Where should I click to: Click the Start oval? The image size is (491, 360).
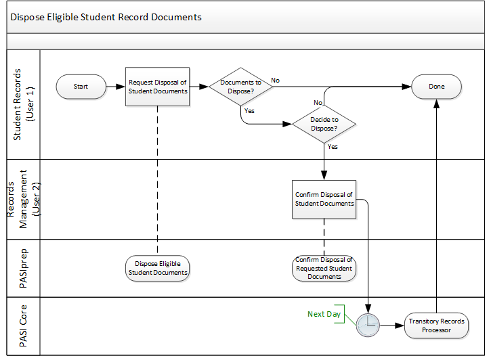[81, 87]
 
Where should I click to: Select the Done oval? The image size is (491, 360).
[437, 87]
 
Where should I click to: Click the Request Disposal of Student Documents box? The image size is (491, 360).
[157, 87]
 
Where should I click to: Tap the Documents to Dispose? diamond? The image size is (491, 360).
[241, 87]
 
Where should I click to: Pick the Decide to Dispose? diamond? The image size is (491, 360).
[324, 125]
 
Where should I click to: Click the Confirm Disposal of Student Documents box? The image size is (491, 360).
[324, 199]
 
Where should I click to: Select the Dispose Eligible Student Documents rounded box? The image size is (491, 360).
[157, 268]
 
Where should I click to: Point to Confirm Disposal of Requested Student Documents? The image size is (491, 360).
[324, 268]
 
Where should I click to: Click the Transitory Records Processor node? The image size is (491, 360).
[437, 325]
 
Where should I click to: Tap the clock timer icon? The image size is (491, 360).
[368, 325]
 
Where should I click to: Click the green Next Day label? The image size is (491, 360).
[324, 314]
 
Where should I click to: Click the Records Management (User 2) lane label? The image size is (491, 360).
[23, 199]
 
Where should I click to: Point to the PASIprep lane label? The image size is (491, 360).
[23, 268]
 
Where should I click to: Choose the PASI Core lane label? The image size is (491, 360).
[23, 326]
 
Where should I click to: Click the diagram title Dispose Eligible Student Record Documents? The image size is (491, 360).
[106, 17]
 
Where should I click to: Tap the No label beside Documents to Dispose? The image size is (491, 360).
[275, 81]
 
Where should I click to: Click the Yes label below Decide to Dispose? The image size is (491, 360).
[333, 146]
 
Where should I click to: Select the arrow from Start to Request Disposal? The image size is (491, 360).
[116, 87]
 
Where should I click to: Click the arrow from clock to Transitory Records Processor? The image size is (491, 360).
[392, 325]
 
